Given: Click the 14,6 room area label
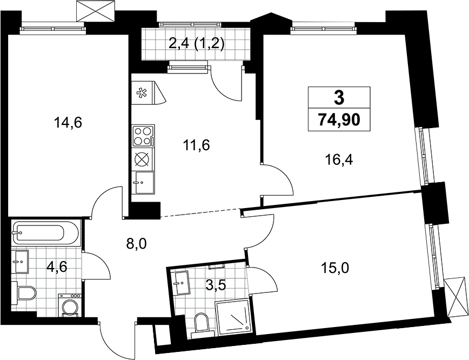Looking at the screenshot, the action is (68, 123).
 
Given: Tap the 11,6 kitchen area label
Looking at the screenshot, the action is (196, 145).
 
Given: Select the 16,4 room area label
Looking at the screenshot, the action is (339, 160).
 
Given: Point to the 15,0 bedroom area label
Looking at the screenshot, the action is (334, 269).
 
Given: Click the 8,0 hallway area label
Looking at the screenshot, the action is (136, 244).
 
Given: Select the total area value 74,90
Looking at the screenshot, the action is (339, 120).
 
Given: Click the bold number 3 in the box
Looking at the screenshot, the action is (339, 97).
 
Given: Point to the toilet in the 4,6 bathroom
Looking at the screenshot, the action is (26, 292).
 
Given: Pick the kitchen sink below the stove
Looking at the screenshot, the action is (144, 183).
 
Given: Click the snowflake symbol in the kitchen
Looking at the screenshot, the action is (140, 93).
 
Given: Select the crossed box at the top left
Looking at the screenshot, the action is (96, 11).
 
